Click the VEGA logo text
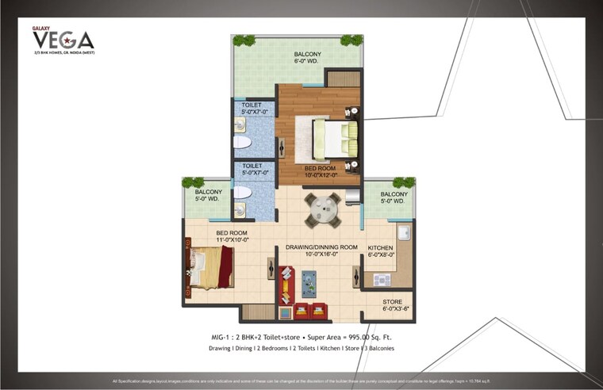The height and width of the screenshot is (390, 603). [x=63, y=40]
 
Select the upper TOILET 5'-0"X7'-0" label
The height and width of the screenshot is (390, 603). [x=253, y=109]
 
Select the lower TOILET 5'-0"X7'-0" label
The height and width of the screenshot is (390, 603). [x=253, y=169]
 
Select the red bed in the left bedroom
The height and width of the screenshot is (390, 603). [x=211, y=266]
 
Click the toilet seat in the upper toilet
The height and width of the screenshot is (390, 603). [x=243, y=143]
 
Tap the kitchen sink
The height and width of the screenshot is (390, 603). [x=404, y=232]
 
